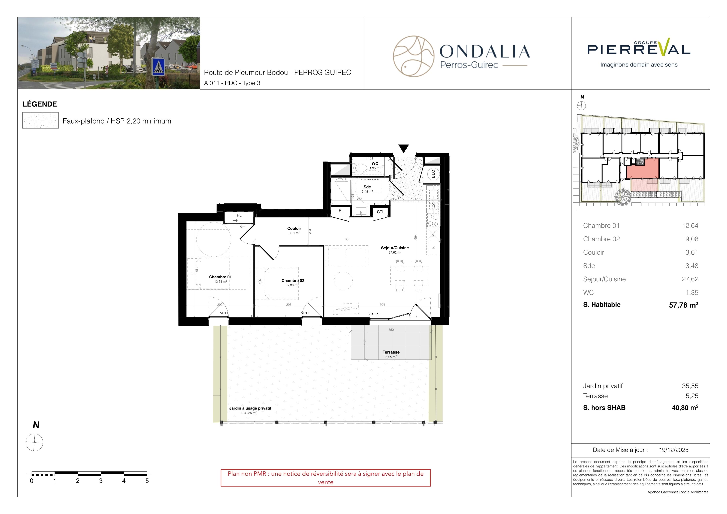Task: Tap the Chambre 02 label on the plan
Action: [x=293, y=281]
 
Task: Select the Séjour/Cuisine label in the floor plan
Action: [x=395, y=248]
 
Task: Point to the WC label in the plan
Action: [x=375, y=164]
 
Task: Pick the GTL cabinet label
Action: [x=381, y=212]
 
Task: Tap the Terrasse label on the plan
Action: [x=391, y=352]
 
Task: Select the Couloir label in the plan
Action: [x=294, y=228]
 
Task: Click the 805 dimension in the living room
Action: [x=347, y=239]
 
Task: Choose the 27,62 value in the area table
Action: [x=690, y=279]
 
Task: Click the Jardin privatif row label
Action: [x=602, y=386]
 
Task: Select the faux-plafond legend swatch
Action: [x=40, y=120]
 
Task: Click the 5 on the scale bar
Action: [x=147, y=481]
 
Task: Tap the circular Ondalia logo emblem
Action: [x=414, y=56]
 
